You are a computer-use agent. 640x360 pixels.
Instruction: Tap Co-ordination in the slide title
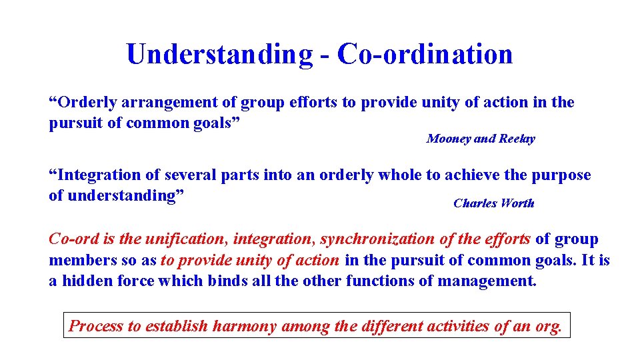point(425,54)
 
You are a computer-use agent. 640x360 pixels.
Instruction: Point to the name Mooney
point(449,139)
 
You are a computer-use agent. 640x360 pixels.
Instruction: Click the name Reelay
point(517,139)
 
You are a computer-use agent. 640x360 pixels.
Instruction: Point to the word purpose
point(561,175)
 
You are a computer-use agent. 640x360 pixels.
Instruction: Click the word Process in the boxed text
point(97,326)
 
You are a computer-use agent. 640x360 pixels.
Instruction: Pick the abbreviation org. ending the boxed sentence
point(549,326)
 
